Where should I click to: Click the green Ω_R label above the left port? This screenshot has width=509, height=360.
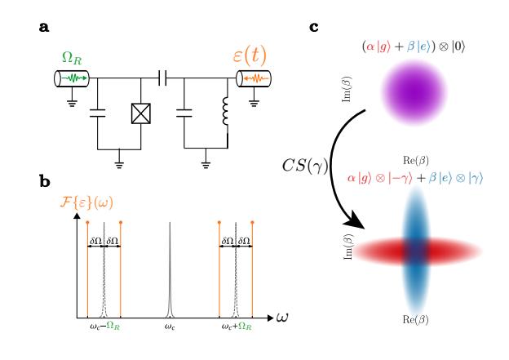(x=72, y=59)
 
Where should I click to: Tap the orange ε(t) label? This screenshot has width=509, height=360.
(x=250, y=56)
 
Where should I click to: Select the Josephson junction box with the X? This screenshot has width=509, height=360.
(x=141, y=113)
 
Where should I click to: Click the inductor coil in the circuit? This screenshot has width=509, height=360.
(x=227, y=113)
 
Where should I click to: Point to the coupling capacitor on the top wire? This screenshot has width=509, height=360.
(x=162, y=78)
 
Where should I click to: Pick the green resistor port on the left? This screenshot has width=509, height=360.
(x=72, y=78)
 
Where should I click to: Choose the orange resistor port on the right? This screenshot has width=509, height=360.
(x=254, y=78)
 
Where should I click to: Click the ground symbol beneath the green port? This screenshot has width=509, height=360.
(x=72, y=102)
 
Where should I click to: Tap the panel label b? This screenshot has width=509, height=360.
(x=44, y=181)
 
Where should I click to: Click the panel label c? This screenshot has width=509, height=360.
(x=314, y=27)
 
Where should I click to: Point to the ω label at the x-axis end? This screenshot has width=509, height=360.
(x=282, y=317)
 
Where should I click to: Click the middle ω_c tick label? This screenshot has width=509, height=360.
(x=170, y=327)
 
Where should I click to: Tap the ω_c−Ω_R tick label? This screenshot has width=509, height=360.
(x=104, y=327)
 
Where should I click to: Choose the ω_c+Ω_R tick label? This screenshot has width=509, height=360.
(x=237, y=327)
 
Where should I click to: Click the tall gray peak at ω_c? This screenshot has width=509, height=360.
(x=170, y=269)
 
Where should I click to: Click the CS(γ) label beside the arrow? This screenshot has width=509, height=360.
(x=304, y=167)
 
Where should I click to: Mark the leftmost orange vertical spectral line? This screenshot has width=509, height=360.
(x=87, y=269)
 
